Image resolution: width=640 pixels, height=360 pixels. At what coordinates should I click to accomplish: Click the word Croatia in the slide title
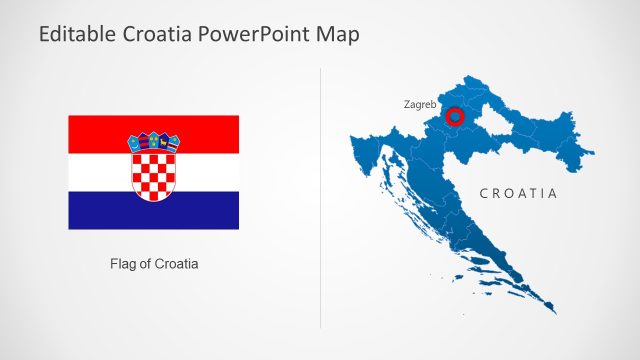(x=156, y=34)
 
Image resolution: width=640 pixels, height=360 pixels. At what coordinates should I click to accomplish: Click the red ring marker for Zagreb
(x=455, y=118)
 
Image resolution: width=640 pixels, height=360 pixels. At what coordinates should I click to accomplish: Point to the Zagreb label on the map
(x=420, y=103)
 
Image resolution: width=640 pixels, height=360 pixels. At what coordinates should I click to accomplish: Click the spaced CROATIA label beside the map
(x=517, y=193)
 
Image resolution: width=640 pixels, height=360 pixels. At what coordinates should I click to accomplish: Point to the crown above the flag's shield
(x=153, y=142)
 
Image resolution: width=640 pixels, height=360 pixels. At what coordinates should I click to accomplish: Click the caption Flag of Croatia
(x=154, y=265)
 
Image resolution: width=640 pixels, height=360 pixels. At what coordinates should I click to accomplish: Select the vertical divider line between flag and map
(x=320, y=200)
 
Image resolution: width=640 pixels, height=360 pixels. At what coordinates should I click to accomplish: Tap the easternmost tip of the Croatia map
(x=591, y=154)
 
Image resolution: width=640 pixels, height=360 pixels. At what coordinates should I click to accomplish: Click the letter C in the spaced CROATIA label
(x=484, y=193)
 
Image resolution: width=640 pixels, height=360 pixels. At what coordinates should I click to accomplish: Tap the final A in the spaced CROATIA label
(x=552, y=193)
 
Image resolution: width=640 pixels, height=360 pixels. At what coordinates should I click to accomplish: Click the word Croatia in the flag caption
(x=176, y=265)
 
